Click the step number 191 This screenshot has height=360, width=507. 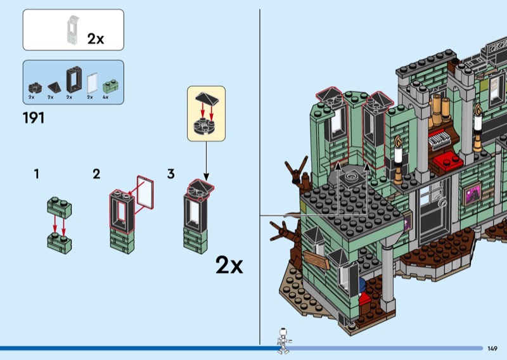coord(34,118)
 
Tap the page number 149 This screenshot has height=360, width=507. coord(492,349)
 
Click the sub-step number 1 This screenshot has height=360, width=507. coord(37,174)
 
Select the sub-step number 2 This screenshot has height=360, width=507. coord(96,174)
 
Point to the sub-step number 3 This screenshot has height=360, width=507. coord(171,174)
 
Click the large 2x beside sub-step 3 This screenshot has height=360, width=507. coord(229,265)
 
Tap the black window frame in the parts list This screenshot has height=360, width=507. coord(74,80)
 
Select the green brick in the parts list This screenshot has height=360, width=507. coord(110,86)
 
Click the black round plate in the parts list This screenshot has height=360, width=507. coord(35,88)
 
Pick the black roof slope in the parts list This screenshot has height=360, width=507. coord(55,87)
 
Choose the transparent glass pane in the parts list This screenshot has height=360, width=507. coord(92,83)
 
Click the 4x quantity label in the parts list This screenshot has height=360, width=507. coord(105,97)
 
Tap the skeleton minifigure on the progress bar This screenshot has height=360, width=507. coord(283,341)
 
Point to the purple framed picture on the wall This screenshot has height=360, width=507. coord(472,194)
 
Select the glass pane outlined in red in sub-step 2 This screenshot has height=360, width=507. coord(145,192)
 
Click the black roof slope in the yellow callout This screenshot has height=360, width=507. coord(207,99)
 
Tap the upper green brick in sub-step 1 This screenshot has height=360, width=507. coord(60,207)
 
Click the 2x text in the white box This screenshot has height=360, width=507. coord(96,39)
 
